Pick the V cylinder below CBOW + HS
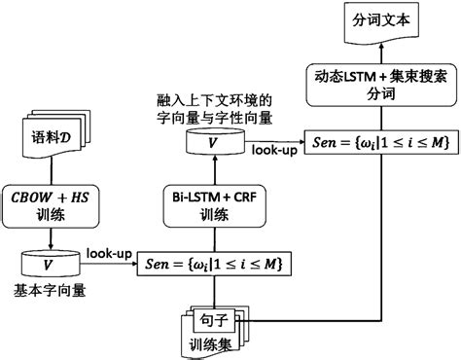coord(47,264)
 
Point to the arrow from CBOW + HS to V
coord(46,237)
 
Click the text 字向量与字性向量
coord(213,118)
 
